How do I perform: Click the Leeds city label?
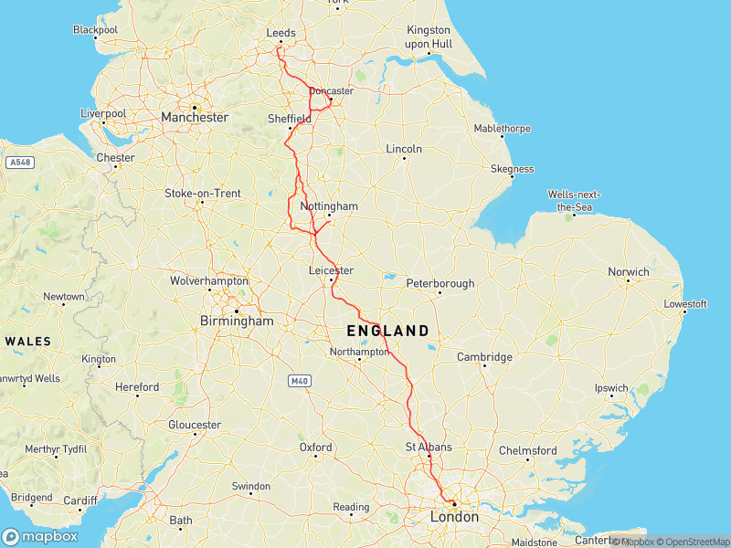pyautogui.click(x=281, y=33)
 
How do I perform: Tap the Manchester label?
pyautogui.click(x=194, y=118)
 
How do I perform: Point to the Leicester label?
pyautogui.click(x=331, y=271)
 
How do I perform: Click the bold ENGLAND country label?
pyautogui.click(x=387, y=331)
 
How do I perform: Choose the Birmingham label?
pyautogui.click(x=236, y=321)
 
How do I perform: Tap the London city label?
pyautogui.click(x=454, y=517)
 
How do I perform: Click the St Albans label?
pyautogui.click(x=429, y=447)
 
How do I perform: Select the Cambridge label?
pyautogui.click(x=484, y=357)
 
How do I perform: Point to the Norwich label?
pyautogui.click(x=629, y=272)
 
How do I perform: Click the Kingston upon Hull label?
pyautogui.click(x=429, y=37)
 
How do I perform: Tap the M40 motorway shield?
pyautogui.click(x=299, y=380)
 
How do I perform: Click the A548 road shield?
pyautogui.click(x=19, y=163)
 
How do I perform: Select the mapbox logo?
pyautogui.click(x=40, y=536)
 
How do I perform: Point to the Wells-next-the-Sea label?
pyautogui.click(x=574, y=200)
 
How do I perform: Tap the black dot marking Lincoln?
pyautogui.click(x=404, y=159)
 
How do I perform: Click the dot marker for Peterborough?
pyautogui.click(x=440, y=293)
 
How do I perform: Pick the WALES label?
pyautogui.click(x=28, y=341)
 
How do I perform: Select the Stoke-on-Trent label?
pyautogui.click(x=202, y=193)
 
